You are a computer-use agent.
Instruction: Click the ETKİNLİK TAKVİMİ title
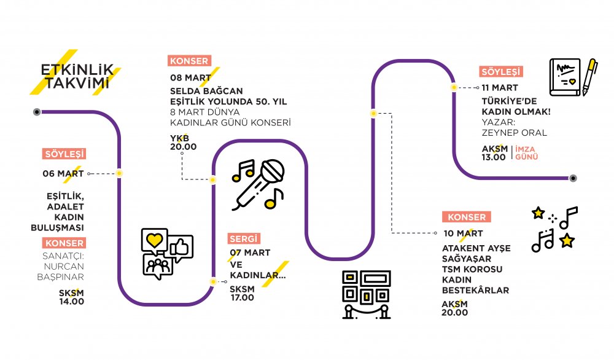(x=77, y=76)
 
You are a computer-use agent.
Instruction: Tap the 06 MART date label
(x=63, y=173)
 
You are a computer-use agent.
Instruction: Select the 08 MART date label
(x=191, y=77)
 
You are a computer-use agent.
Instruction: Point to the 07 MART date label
(x=250, y=252)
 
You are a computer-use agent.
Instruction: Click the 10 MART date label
(x=463, y=233)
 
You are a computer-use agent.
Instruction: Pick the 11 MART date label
(x=500, y=88)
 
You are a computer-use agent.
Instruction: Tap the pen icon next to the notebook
(x=589, y=77)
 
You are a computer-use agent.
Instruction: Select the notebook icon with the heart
(x=565, y=77)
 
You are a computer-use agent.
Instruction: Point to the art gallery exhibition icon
(x=367, y=295)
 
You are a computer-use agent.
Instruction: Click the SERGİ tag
(x=244, y=238)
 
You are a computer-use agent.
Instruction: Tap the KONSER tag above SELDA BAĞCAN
(x=190, y=61)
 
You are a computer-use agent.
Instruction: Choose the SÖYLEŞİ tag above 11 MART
(x=501, y=72)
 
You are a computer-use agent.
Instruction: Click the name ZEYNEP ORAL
(x=514, y=133)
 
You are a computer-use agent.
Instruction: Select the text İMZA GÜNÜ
(x=526, y=153)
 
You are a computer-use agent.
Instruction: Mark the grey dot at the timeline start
(x=37, y=112)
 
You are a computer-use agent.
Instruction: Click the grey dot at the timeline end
(x=573, y=178)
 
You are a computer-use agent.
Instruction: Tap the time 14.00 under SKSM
(x=72, y=302)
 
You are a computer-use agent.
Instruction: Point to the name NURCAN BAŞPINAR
(x=61, y=272)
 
